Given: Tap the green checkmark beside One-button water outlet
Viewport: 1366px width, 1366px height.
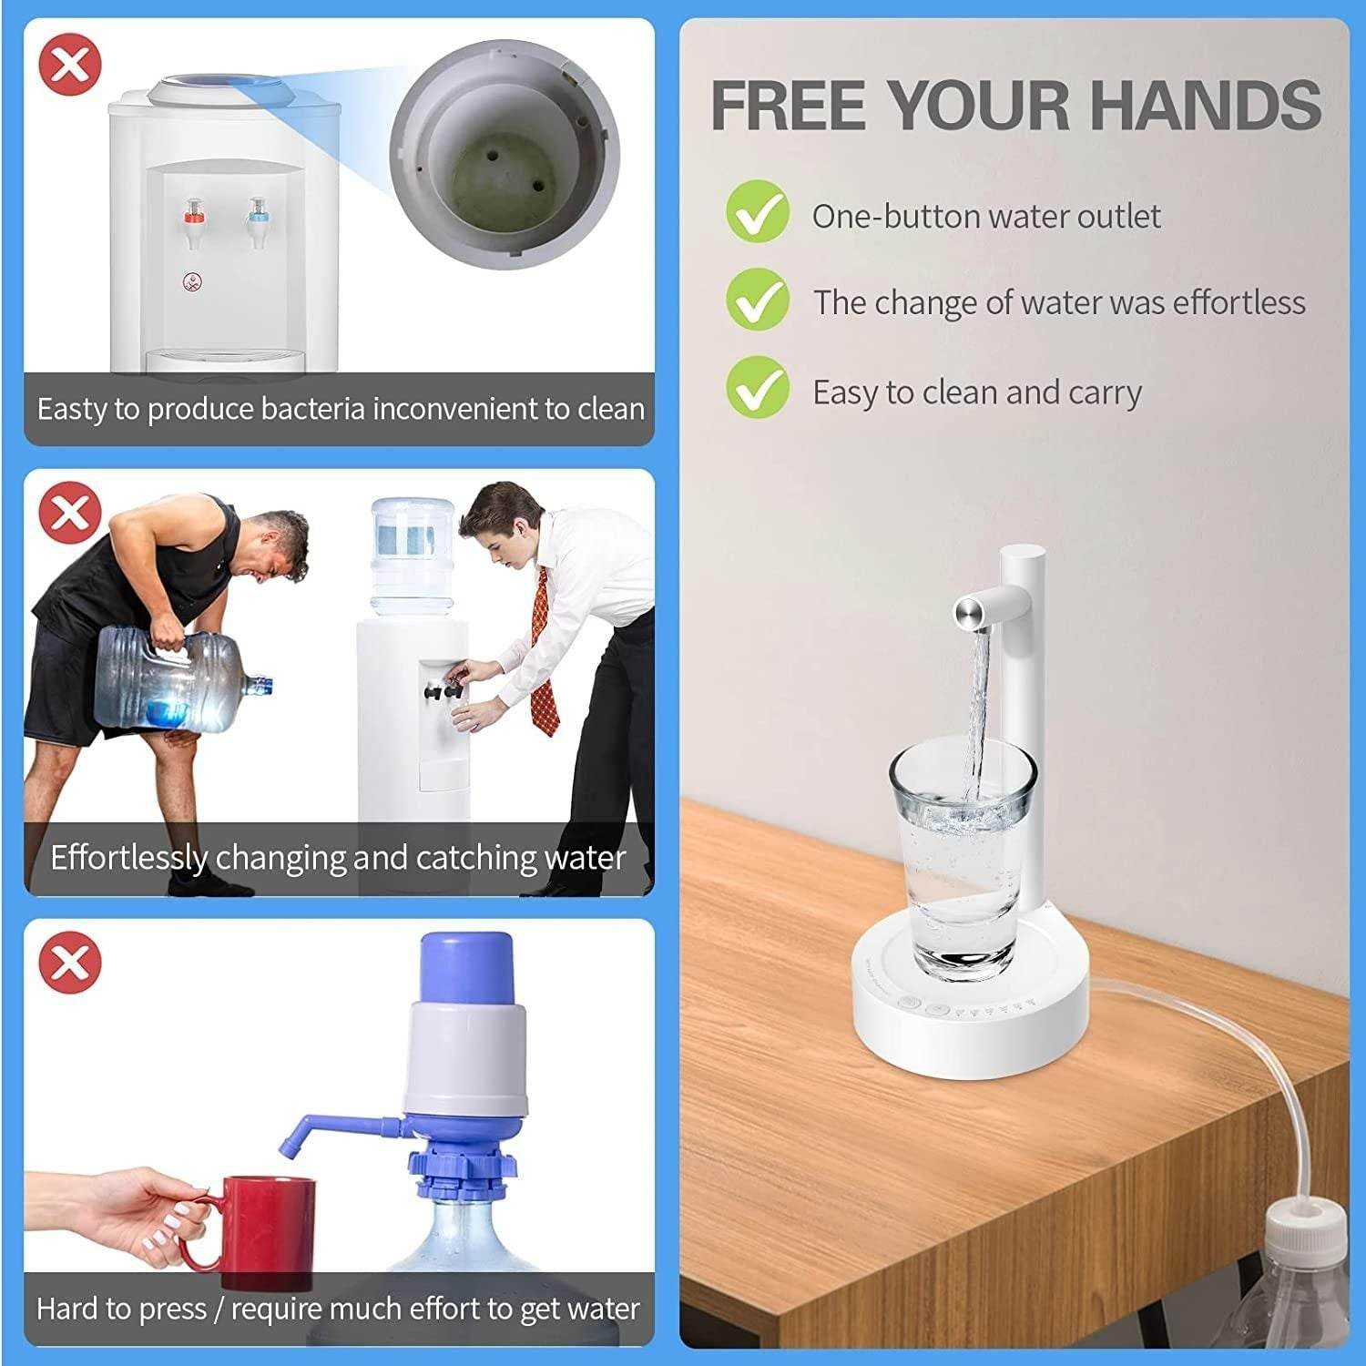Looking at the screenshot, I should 757,211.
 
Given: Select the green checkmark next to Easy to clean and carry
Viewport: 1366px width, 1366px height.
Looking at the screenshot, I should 757,388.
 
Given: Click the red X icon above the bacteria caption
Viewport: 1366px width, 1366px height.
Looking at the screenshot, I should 69,64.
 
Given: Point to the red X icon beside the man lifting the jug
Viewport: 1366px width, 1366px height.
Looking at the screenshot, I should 69,513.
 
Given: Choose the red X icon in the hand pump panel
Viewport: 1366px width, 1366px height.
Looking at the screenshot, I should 69,963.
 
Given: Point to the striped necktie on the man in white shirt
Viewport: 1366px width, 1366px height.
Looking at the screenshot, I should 544,656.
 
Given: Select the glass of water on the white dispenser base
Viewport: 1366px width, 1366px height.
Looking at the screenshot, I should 962,856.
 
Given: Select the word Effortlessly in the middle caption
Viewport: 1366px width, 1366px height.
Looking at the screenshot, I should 128,858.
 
